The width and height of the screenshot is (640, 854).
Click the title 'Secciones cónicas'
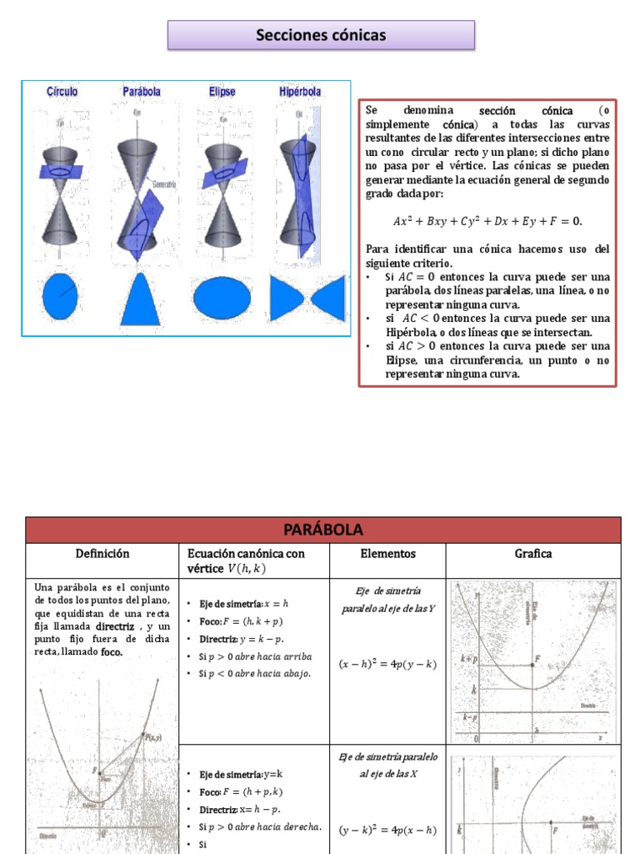[x=321, y=35]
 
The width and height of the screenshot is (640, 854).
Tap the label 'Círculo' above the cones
[x=62, y=92]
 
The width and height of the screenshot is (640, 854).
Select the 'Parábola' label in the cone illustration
[x=141, y=92]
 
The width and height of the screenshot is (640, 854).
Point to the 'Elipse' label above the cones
[x=222, y=92]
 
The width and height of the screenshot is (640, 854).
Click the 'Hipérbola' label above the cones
[x=302, y=92]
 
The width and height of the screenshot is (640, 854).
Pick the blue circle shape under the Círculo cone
[x=60, y=297]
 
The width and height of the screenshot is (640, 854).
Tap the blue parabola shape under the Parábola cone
[x=139, y=299]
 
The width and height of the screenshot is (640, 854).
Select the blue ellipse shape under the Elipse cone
[x=222, y=298]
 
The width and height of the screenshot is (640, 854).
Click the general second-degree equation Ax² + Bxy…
[x=487, y=222]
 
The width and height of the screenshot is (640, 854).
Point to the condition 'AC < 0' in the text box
[x=419, y=318]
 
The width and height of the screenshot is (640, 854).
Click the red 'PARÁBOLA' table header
[x=322, y=530]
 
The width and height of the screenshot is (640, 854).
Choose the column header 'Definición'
[x=102, y=554]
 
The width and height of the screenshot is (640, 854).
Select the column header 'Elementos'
[x=387, y=554]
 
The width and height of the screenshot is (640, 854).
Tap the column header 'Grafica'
[x=533, y=554]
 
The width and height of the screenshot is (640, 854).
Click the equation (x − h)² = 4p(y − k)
[x=387, y=665]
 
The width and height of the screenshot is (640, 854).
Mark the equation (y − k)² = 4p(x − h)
[x=387, y=830]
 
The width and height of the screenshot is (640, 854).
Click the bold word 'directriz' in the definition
[x=115, y=625]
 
